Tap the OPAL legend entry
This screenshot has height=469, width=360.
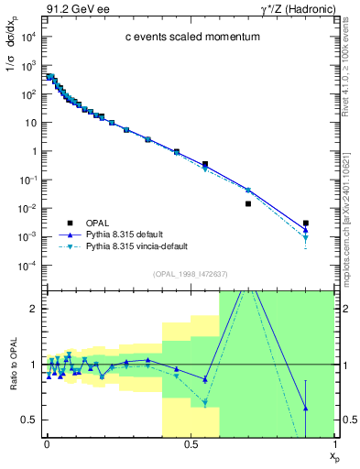[100, 223]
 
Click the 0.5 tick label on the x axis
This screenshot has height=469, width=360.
[191, 443]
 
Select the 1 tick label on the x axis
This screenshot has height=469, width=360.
[334, 443]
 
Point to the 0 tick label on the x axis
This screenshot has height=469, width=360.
[47, 443]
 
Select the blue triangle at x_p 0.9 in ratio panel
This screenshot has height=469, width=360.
[306, 409]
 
